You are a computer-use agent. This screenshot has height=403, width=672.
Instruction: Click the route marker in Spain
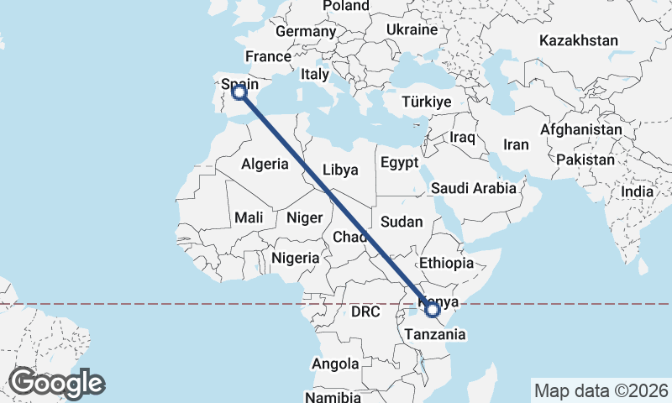[239, 92]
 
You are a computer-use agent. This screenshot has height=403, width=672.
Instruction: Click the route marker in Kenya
[433, 310]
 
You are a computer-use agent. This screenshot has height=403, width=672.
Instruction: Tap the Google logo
[56, 383]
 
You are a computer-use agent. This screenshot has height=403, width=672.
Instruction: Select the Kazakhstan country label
[580, 40]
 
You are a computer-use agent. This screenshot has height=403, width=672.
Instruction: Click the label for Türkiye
[427, 101]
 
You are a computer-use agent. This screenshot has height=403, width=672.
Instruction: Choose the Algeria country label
[265, 165]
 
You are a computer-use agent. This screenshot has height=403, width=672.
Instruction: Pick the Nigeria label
[295, 258]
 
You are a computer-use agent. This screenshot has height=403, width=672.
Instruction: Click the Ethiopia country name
[446, 263]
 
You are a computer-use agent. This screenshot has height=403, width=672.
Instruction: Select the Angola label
[335, 364]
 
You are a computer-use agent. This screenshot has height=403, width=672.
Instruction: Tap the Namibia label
[333, 396]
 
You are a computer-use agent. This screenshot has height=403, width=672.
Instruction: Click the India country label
[637, 192]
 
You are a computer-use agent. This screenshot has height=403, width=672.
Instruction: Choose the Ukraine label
[412, 29]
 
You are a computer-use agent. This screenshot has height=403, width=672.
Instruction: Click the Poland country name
[346, 6]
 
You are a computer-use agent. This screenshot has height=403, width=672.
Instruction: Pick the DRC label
[365, 311]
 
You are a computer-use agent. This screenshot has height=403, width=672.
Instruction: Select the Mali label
[249, 217]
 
